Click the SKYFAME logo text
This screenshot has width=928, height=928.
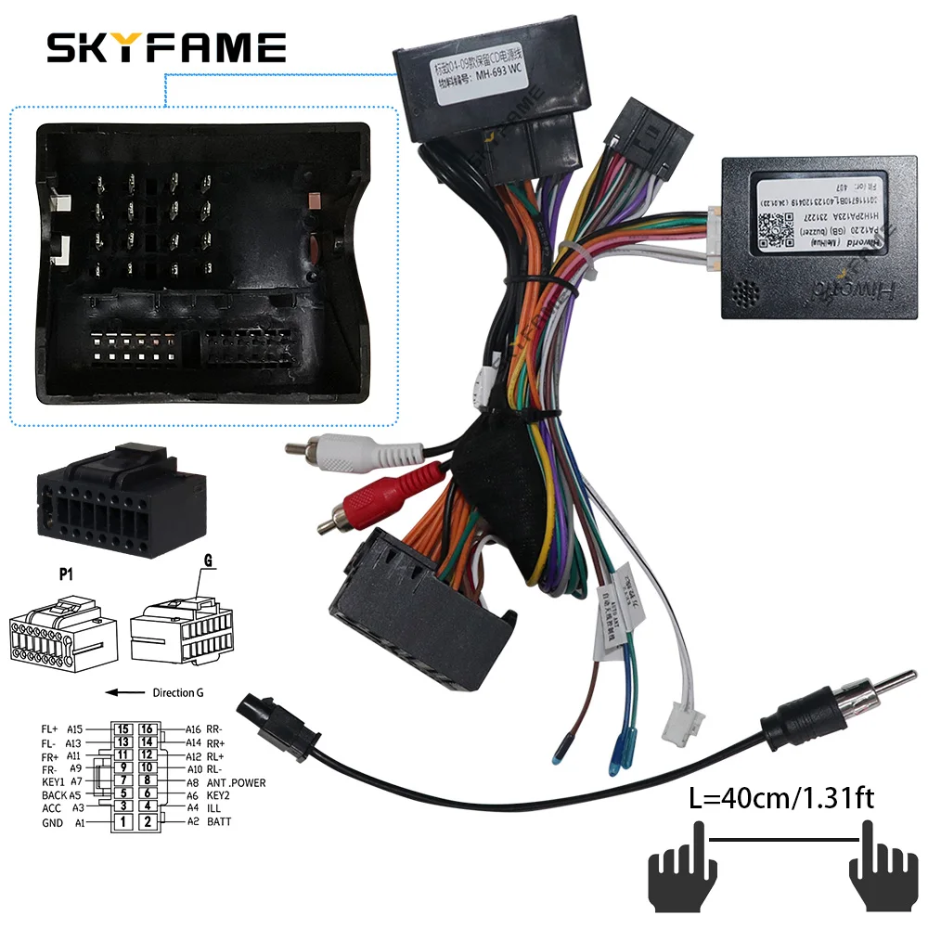[166, 46]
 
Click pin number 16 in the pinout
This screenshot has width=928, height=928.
[145, 728]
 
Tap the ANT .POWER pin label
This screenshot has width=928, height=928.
[236, 782]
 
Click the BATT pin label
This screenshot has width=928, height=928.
[220, 821]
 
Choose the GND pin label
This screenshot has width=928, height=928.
[54, 821]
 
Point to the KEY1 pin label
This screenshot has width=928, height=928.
[54, 782]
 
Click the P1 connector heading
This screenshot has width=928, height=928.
[67, 575]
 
